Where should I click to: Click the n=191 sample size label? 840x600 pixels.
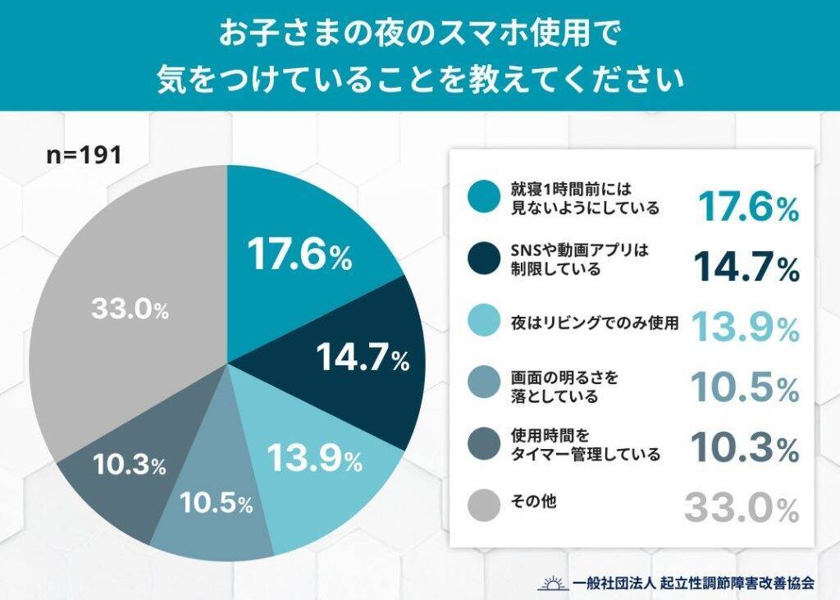[83, 155]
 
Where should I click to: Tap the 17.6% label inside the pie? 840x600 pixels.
[300, 256]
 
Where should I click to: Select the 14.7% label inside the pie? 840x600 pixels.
[362, 359]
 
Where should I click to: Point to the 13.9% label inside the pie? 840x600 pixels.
[314, 459]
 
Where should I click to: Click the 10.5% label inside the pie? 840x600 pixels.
[217, 503]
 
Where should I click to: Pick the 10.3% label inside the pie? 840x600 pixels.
[130, 465]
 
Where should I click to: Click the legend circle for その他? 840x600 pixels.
[483, 502]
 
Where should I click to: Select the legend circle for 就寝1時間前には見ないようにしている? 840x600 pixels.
[483, 197]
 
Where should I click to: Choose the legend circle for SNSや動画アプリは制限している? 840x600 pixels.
[483, 259]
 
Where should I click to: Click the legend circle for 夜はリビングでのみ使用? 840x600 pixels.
[483, 323]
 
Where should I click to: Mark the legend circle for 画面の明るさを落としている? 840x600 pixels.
[483, 384]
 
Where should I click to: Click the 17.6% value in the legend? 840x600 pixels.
[747, 208]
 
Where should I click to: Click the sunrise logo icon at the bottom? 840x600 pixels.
[552, 582]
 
